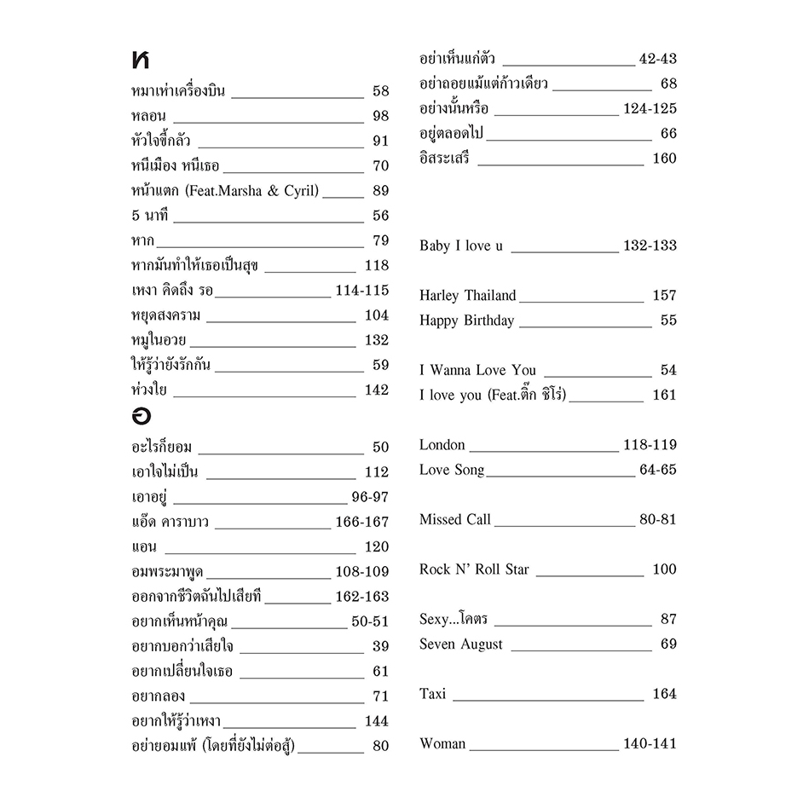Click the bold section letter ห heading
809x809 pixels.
click(x=141, y=61)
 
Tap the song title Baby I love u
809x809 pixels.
click(x=461, y=246)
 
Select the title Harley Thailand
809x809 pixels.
click(x=467, y=296)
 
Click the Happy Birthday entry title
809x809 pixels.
click(x=466, y=321)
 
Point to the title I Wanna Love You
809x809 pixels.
click(x=477, y=370)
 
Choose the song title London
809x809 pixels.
click(x=442, y=445)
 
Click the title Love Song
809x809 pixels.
click(x=451, y=470)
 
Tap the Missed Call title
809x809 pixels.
click(x=454, y=519)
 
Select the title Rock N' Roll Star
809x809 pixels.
click(x=474, y=569)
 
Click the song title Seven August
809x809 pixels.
click(x=460, y=644)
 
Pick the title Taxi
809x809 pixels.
click(x=432, y=694)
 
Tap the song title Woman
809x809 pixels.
click(x=442, y=744)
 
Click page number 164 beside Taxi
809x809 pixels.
click(x=664, y=694)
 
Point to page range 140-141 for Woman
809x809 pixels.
click(x=650, y=744)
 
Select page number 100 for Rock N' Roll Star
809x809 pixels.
click(x=664, y=569)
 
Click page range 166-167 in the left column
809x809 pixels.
click(x=361, y=522)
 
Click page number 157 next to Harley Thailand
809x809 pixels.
click(x=664, y=296)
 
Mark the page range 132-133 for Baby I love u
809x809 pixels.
click(x=650, y=246)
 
